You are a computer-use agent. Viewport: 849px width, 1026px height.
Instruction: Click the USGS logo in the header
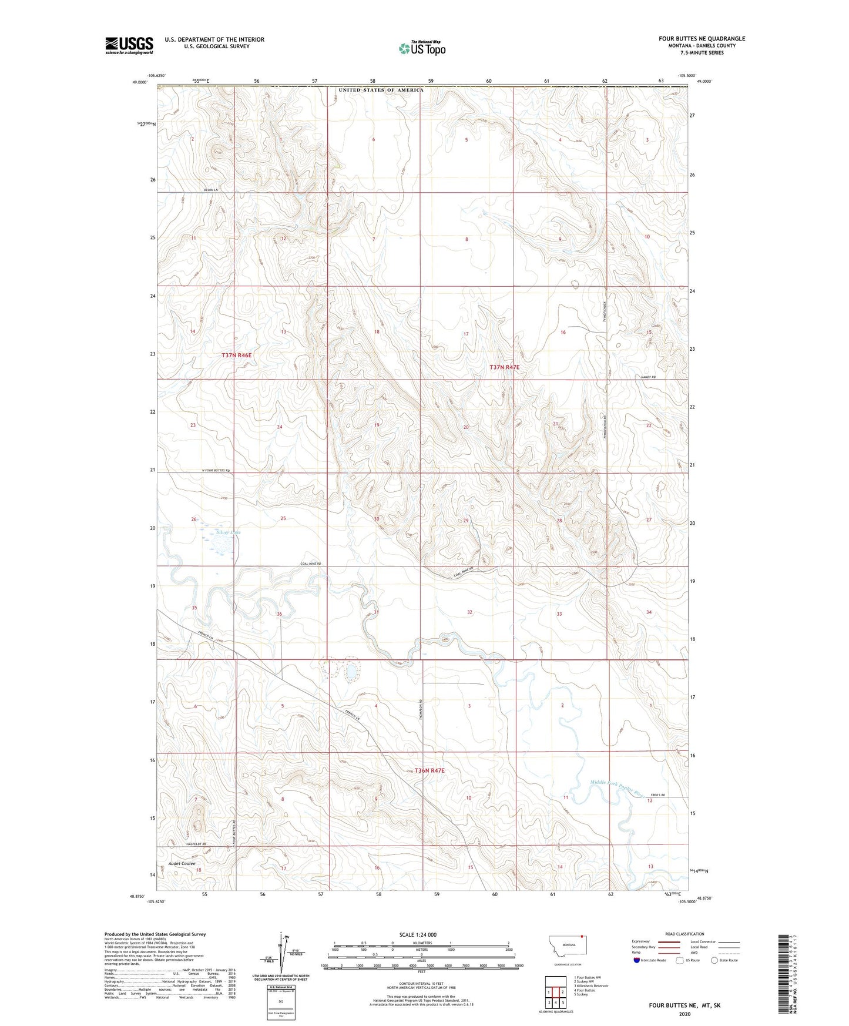(x=129, y=45)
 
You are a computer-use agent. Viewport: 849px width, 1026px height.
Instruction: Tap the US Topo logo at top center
(x=421, y=48)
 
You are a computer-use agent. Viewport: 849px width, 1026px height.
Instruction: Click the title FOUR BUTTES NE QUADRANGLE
(x=702, y=39)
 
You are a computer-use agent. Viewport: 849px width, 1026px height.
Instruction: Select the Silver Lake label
(x=228, y=532)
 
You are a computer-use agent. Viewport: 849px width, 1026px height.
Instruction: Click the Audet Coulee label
(x=182, y=863)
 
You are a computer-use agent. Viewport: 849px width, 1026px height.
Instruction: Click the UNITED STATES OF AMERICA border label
(x=380, y=90)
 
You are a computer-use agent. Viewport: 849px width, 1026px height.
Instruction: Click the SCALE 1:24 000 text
(x=418, y=934)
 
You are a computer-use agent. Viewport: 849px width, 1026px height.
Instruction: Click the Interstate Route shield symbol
(x=636, y=960)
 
